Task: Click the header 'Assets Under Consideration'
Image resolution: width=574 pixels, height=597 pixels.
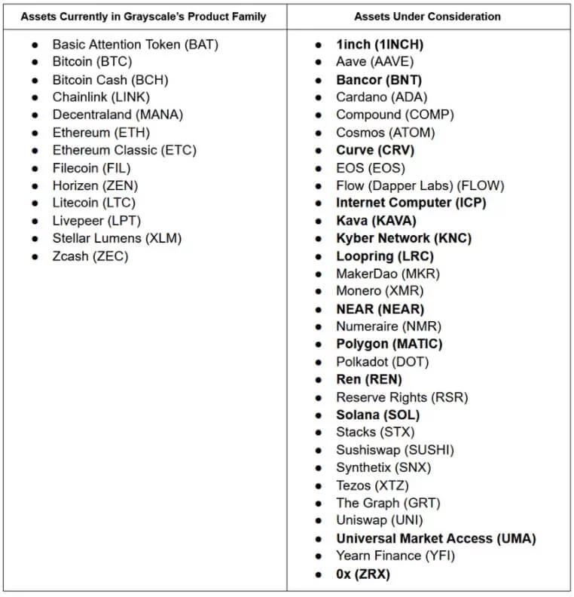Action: click(427, 16)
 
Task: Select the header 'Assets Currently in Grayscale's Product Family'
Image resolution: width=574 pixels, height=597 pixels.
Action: click(143, 16)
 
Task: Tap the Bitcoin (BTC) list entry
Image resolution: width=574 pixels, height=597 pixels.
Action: click(91, 62)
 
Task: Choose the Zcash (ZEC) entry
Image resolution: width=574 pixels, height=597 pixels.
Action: click(90, 256)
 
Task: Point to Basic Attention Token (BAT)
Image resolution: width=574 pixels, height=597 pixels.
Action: click(135, 44)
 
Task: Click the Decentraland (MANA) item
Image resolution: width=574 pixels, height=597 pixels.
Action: click(118, 115)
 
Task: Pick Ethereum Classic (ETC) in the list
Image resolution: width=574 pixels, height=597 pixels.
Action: click(124, 150)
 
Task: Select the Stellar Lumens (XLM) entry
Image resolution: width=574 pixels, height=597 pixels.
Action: click(117, 238)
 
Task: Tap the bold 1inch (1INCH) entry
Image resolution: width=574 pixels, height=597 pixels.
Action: click(374, 44)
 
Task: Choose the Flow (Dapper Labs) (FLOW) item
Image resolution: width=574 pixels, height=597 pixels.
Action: click(420, 185)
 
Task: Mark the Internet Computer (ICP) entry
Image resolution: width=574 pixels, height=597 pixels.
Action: click(411, 203)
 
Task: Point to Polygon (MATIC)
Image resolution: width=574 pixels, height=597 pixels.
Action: click(389, 344)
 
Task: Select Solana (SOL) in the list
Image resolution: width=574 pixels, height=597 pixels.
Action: click(377, 415)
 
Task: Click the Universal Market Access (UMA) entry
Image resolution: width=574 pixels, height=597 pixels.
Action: click(435, 538)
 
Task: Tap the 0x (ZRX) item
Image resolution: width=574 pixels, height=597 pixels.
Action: click(363, 574)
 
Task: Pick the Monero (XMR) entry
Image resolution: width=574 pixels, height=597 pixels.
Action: click(380, 291)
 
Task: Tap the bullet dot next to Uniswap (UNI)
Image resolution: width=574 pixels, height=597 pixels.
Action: click(319, 521)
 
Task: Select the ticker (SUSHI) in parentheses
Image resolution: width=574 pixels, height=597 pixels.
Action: click(429, 450)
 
